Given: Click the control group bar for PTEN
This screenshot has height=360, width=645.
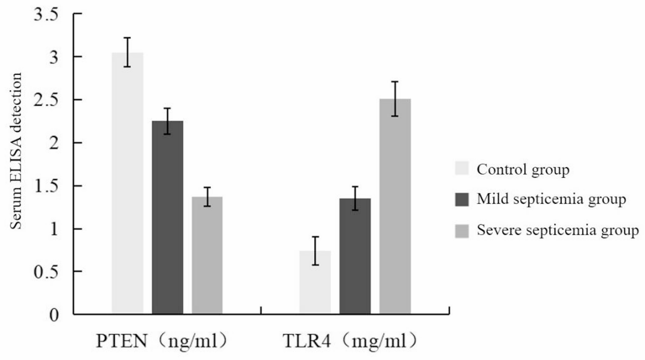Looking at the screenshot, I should [128, 183].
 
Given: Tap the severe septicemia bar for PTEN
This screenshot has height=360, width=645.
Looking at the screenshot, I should [207, 255].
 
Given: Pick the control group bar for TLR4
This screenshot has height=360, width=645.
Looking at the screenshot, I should [315, 282].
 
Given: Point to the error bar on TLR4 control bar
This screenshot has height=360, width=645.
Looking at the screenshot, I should [315, 251].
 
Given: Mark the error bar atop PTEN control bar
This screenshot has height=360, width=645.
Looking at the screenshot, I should [128, 52].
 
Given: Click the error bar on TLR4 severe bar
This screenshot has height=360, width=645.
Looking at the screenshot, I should [395, 99].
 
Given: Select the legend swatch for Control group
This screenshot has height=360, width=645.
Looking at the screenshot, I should [462, 168].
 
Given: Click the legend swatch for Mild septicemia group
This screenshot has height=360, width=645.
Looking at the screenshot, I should [462, 199].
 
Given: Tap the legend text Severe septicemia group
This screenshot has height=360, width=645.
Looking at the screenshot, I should [558, 230].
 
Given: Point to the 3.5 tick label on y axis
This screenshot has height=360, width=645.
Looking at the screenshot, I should [46, 14].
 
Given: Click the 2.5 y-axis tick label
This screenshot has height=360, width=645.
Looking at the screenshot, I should [46, 100].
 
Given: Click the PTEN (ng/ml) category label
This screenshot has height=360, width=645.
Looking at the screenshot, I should [162, 341].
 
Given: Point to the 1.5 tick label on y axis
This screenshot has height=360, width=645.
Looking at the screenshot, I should [46, 186].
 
